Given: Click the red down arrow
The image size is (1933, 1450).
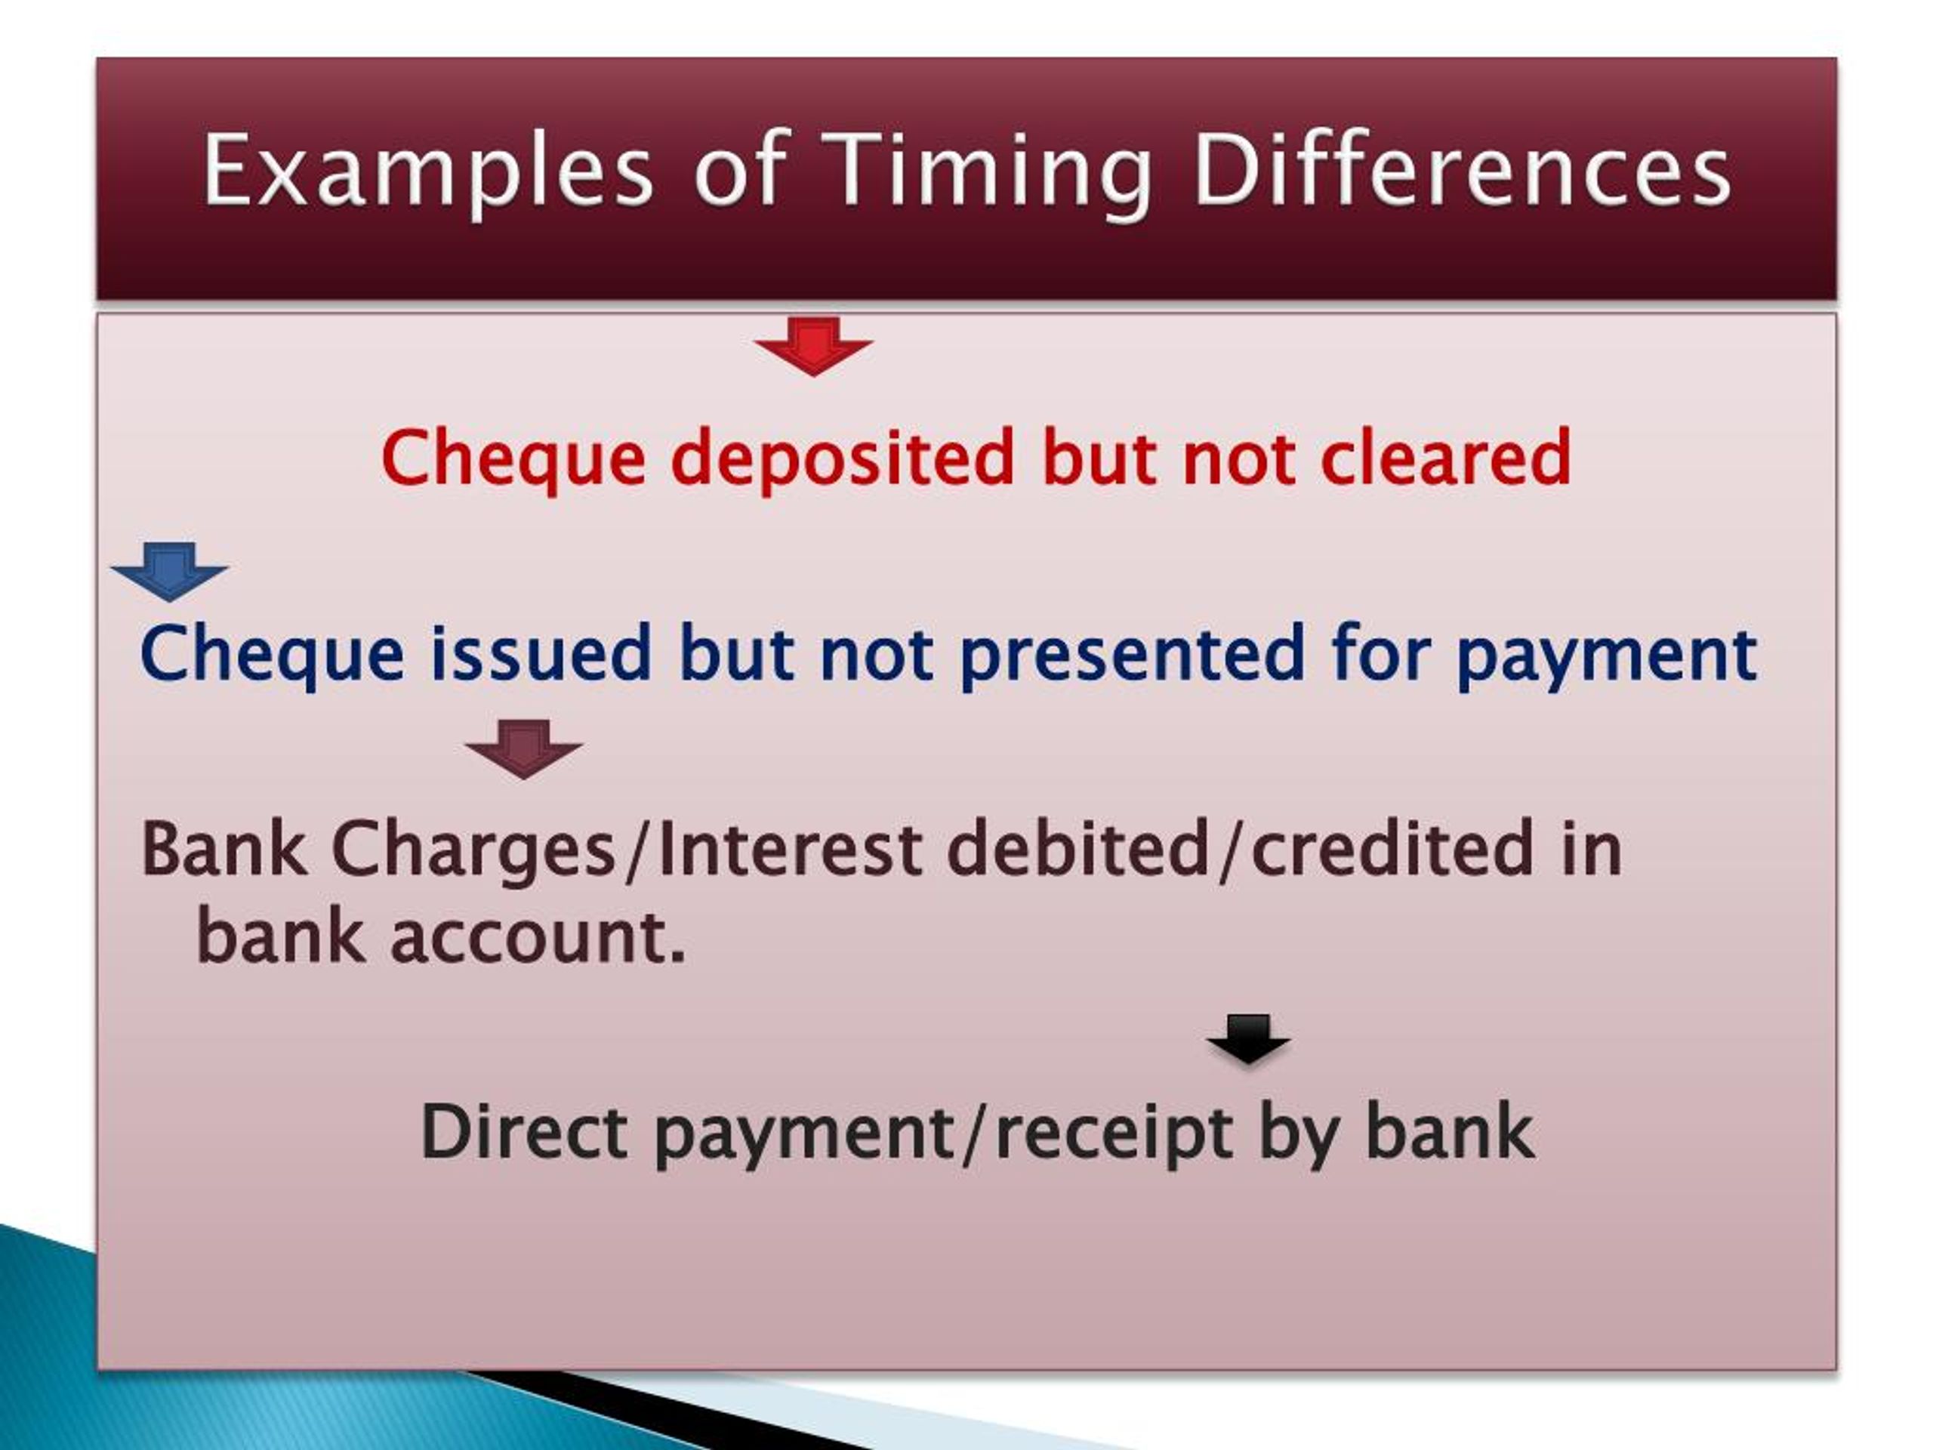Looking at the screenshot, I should coord(813,346).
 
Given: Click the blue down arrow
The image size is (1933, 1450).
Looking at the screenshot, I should coord(170,572).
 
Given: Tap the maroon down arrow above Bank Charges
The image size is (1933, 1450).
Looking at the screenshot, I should coord(523,749).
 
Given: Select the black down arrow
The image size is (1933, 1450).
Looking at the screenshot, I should coord(1248,1039).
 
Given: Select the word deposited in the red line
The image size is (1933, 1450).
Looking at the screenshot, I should coord(843,457).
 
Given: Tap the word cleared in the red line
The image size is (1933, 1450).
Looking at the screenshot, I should coord(1445,457).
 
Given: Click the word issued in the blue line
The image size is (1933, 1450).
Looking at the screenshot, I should coord(540,653).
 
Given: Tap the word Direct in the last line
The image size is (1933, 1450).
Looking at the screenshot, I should coord(523,1133).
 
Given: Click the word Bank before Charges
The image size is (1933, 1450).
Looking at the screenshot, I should coord(223,849).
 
